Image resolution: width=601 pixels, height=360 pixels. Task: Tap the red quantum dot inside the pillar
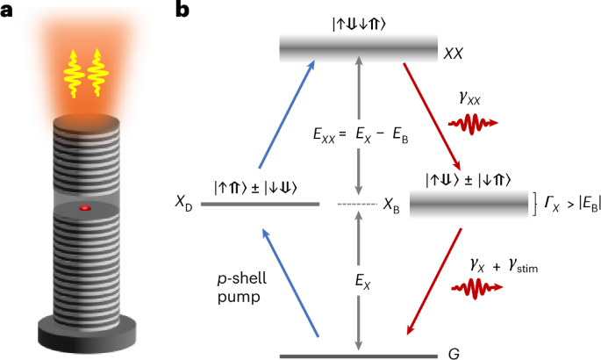84,208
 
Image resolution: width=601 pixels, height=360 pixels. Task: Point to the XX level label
454,54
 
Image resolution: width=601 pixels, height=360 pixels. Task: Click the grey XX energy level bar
358,48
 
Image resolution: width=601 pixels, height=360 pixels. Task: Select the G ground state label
452,356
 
